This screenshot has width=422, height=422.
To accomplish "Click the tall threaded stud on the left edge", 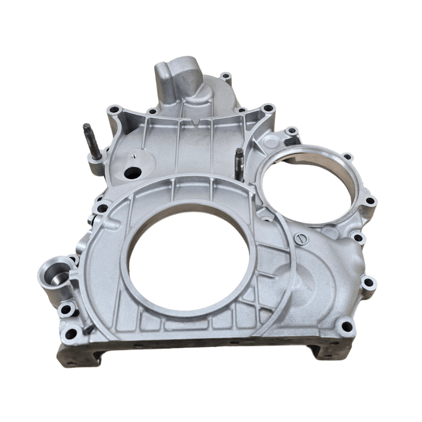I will pos(92,141).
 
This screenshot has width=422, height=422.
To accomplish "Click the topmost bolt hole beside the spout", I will pos(227,77).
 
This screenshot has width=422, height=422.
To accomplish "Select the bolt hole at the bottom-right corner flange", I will pos(346,325).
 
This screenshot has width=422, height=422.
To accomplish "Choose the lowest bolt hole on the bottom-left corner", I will pos(71,333).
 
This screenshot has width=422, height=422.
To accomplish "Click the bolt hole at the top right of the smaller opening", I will pos(347,157).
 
